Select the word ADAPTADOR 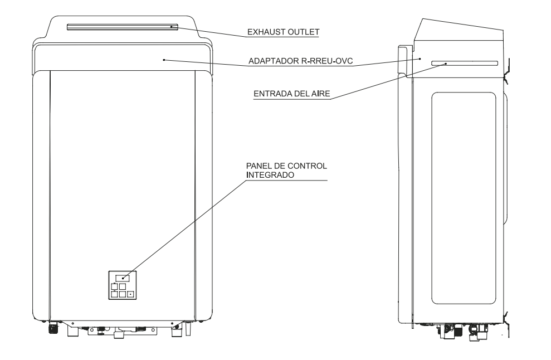pyautogui.click(x=274, y=61)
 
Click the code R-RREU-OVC pyautogui.click(x=327, y=61)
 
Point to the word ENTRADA pyautogui.click(x=271, y=94)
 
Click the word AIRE pyautogui.click(x=321, y=94)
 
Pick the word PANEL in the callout pyautogui.click(x=257, y=166)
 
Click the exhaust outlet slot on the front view pyautogui.click(x=123, y=27)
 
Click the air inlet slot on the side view pyautogui.click(x=465, y=64)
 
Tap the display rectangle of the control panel pyautogui.click(x=122, y=278)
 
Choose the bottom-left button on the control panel pyautogui.click(x=115, y=294)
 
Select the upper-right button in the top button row pyautogui.click(x=122, y=286)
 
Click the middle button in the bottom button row pyautogui.click(x=122, y=294)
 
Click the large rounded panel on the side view pyautogui.click(x=464, y=198)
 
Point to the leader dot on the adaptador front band pyautogui.click(x=164, y=60)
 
